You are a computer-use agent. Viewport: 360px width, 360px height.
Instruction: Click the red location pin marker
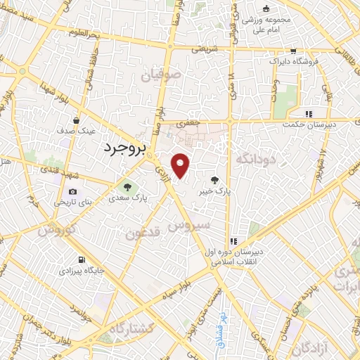[181, 165]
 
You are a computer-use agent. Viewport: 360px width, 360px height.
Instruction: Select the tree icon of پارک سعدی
[127, 187]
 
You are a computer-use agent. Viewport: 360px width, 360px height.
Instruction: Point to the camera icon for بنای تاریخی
[72, 191]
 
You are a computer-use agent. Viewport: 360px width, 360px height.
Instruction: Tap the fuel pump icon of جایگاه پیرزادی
[85, 259]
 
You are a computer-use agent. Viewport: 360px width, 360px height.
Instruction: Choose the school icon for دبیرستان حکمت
[307, 114]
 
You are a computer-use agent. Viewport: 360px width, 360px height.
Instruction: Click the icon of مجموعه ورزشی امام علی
[266, 9]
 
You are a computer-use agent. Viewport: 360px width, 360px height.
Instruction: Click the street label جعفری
[188, 124]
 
